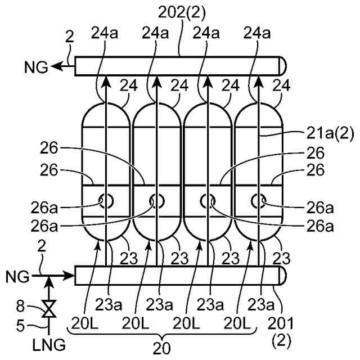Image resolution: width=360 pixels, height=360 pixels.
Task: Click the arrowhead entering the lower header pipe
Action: click(69, 276)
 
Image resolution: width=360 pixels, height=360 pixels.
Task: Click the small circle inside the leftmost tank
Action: click(105, 200)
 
